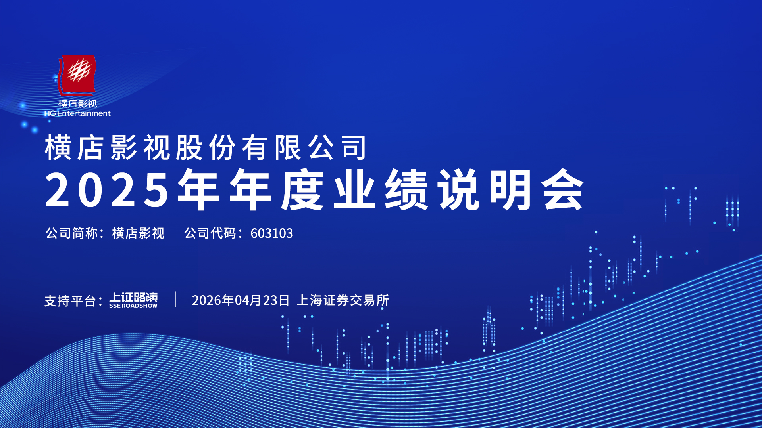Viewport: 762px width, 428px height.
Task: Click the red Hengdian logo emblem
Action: pyautogui.click(x=77, y=75)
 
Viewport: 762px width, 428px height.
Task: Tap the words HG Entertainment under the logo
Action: pyautogui.click(x=77, y=113)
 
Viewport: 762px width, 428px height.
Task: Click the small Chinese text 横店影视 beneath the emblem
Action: pyautogui.click(x=77, y=104)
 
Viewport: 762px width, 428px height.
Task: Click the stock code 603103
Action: pyautogui.click(x=272, y=233)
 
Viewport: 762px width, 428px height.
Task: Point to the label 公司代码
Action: pyautogui.click(x=210, y=233)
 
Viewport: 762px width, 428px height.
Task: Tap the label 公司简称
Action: pyautogui.click(x=71, y=233)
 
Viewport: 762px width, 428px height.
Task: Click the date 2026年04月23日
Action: pyautogui.click(x=241, y=300)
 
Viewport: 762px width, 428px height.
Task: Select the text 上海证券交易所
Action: pyautogui.click(x=343, y=300)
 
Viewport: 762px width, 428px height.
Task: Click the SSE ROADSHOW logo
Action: pyautogui.click(x=133, y=300)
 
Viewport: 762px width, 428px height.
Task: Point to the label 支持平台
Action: pyautogui.click(x=70, y=301)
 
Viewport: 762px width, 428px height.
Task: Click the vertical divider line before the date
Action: pyautogui.click(x=175, y=299)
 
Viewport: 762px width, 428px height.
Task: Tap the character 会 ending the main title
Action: pyautogui.click(x=564, y=189)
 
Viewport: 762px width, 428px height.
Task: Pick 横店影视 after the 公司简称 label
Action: pyautogui.click(x=138, y=233)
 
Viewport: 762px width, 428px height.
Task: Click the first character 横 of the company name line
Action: pyautogui.click(x=58, y=147)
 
